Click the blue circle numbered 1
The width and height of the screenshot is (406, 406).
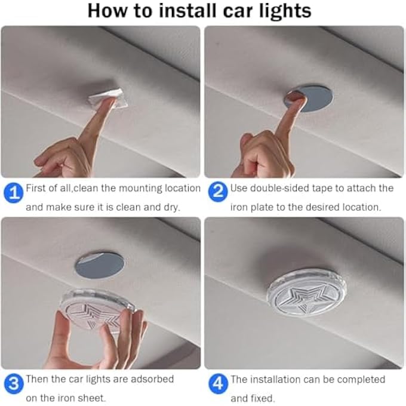[14, 193]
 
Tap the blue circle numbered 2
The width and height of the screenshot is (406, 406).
[218, 192]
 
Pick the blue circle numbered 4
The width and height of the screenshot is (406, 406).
[219, 384]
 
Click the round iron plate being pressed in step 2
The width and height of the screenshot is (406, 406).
[309, 99]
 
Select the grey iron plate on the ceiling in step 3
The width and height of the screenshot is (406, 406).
[99, 264]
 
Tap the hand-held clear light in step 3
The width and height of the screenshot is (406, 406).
[97, 310]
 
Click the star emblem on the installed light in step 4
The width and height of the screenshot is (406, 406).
[306, 297]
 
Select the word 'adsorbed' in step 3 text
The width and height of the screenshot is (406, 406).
[152, 379]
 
